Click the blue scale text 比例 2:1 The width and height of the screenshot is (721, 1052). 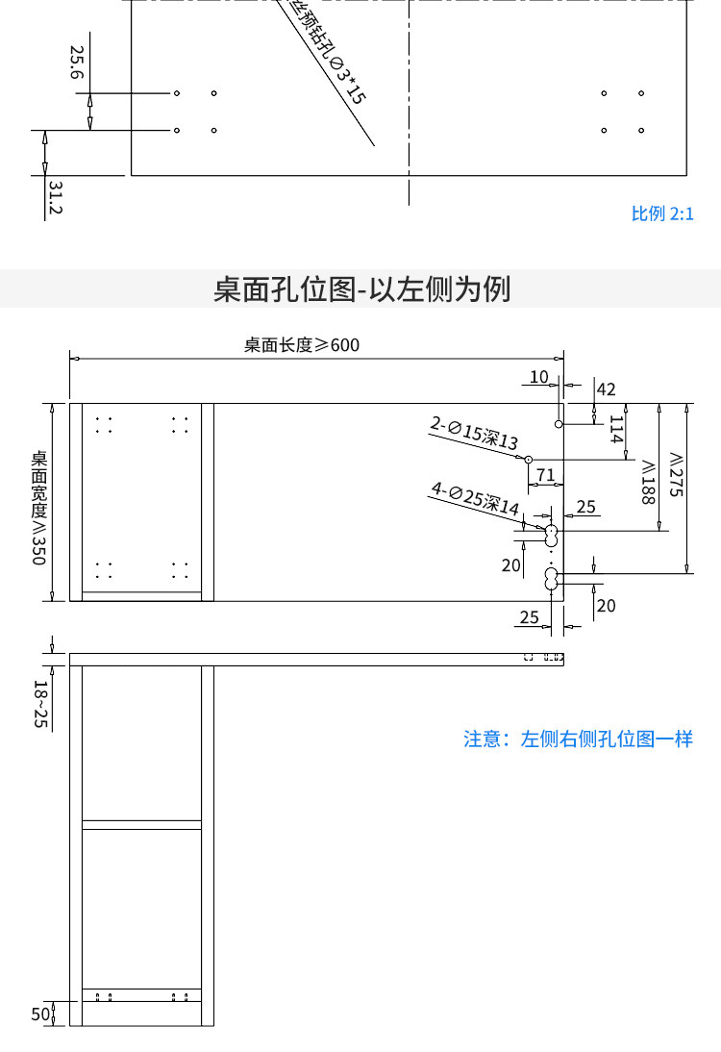pos(662,213)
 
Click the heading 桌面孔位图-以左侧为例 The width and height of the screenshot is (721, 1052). pos(361,288)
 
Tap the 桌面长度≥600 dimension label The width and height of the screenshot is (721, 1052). pos(302,345)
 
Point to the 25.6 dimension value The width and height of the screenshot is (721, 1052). pos(77,63)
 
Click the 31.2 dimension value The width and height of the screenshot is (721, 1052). pos(54,197)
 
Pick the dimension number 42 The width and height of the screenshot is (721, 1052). pos(606,389)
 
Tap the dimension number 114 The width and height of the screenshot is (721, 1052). pos(616,429)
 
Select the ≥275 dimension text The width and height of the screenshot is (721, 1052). pos(676,473)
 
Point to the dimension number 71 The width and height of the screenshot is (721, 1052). pos(545,474)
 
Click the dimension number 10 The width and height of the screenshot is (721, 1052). pos(538,376)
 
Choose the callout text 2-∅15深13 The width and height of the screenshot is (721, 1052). pos(474,433)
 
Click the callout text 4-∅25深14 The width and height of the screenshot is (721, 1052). pos(475,499)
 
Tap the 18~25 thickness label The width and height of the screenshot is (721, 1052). pos(39,704)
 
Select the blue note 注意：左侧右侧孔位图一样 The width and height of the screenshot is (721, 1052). pos(578,739)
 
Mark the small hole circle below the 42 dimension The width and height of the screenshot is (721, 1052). pos(559,423)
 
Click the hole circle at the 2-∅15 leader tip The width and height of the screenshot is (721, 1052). pos(528,459)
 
